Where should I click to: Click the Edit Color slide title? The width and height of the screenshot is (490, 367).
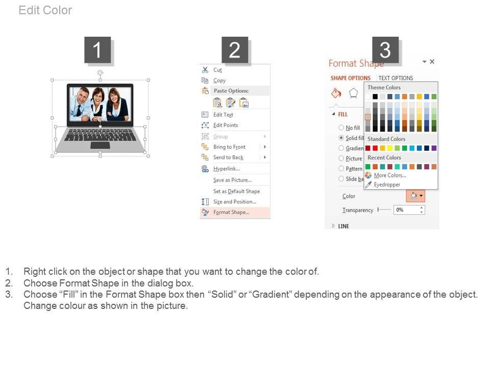[x=45, y=10]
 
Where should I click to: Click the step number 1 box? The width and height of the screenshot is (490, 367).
[x=97, y=49]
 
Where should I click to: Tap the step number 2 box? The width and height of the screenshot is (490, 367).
[x=235, y=49]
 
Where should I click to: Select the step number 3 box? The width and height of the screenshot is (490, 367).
[x=385, y=49]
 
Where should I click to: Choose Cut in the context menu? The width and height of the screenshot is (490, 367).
[x=217, y=70]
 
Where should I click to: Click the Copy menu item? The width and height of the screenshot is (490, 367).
[x=219, y=81]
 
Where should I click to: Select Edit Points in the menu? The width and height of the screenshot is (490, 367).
[x=226, y=125]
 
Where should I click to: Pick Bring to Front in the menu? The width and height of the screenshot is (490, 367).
[x=229, y=147]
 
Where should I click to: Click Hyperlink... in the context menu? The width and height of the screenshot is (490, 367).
[x=227, y=169]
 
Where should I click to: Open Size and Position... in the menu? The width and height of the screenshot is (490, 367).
[x=235, y=202]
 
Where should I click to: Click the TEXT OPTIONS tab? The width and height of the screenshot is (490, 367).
[x=396, y=78]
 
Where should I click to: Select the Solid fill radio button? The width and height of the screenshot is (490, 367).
[x=341, y=138]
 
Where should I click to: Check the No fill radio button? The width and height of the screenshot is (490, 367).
[x=341, y=127]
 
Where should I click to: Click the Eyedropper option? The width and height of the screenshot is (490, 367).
[x=387, y=185]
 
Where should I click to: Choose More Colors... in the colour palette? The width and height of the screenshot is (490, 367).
[x=390, y=175]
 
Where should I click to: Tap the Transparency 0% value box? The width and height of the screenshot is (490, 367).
[x=409, y=209]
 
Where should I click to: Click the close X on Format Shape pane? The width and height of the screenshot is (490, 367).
[x=432, y=62]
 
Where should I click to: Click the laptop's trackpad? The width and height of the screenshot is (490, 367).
[x=100, y=145]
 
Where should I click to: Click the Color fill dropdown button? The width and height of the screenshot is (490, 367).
[x=415, y=196]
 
